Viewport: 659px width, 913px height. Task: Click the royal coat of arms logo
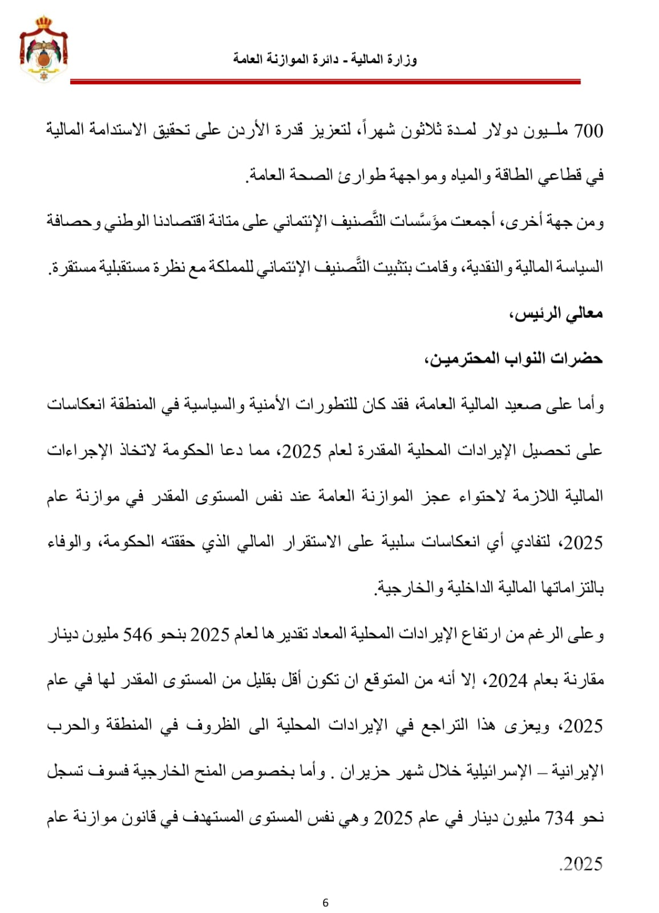click(x=44, y=49)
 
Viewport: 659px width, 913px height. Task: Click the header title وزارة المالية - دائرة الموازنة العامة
click(x=325, y=59)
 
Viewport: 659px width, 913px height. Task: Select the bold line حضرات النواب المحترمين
click(x=514, y=359)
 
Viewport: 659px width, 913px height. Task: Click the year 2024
click(x=507, y=680)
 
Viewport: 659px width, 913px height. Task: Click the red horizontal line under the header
click(x=325, y=82)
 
